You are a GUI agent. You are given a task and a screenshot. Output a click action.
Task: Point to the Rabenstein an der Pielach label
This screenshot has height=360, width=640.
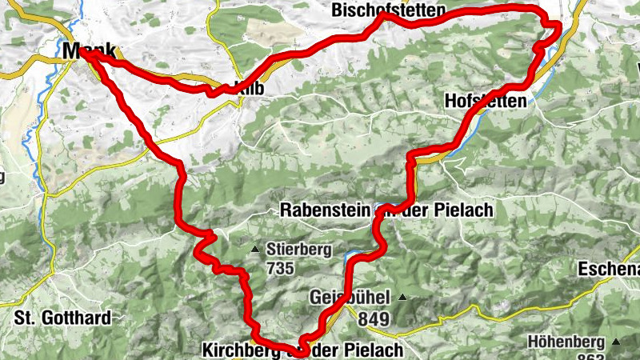(386, 210)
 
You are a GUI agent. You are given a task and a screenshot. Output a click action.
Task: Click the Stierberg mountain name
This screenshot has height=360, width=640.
(299, 250)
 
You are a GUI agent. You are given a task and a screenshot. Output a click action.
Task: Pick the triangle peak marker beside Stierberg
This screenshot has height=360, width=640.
(256, 250)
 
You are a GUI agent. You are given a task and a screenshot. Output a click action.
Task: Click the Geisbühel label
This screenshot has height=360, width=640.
(349, 298)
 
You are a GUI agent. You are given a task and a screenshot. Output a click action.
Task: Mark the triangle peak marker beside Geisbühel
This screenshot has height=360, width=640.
(402, 298)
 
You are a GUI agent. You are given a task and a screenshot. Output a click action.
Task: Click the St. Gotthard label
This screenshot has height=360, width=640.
(62, 318)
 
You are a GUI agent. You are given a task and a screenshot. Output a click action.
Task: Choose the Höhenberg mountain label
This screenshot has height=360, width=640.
(565, 342)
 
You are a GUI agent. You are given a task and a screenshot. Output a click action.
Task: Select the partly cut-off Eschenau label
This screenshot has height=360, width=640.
(609, 268)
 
